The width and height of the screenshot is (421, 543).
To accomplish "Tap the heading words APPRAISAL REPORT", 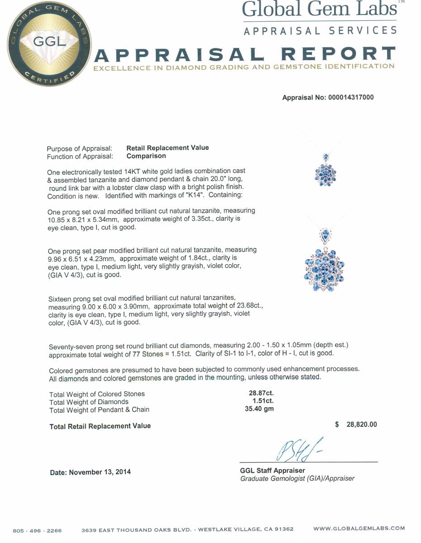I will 244,55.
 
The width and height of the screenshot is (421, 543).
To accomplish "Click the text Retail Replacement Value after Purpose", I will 167,148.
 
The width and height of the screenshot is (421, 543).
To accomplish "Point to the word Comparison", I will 146,156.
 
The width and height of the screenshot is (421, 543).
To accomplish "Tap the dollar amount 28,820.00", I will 360,424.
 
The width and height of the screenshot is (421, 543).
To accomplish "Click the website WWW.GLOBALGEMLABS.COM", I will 359,529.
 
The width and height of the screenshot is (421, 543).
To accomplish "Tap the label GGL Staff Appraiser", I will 273,471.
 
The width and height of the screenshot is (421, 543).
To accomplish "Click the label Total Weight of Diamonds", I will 89,402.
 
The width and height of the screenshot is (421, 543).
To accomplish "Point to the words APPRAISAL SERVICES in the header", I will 320,31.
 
